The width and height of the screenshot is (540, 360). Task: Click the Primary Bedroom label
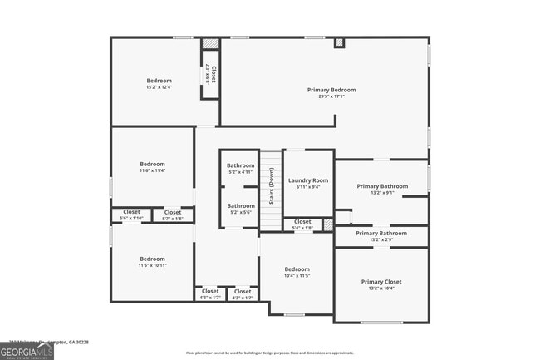(331, 90)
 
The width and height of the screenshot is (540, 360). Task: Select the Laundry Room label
(307, 180)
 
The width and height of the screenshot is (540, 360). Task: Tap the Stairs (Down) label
(271, 186)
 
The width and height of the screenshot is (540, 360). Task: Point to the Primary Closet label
(381, 282)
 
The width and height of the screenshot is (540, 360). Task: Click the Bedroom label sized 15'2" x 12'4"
(159, 81)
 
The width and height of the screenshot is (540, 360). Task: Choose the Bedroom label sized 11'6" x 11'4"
(152, 164)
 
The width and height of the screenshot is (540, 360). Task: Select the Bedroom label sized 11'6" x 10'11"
(152, 259)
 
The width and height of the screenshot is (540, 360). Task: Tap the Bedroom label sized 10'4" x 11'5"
(297, 269)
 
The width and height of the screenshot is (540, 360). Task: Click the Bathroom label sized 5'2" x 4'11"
(241, 165)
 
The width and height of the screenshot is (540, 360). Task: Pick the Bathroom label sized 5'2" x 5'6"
(241, 205)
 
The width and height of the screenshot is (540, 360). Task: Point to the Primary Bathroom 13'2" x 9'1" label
(381, 186)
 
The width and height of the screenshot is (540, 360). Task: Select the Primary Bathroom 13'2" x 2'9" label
(381, 234)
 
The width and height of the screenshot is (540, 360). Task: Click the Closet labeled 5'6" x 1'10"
(131, 212)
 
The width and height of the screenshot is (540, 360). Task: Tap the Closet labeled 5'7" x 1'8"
(173, 213)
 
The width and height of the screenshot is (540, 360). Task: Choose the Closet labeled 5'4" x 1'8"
(302, 222)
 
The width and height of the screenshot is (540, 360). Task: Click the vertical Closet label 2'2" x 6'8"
(213, 74)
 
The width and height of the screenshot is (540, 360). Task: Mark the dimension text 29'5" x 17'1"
(331, 96)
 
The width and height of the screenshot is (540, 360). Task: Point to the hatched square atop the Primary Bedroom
(339, 42)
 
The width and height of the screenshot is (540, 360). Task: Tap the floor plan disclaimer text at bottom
(269, 353)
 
